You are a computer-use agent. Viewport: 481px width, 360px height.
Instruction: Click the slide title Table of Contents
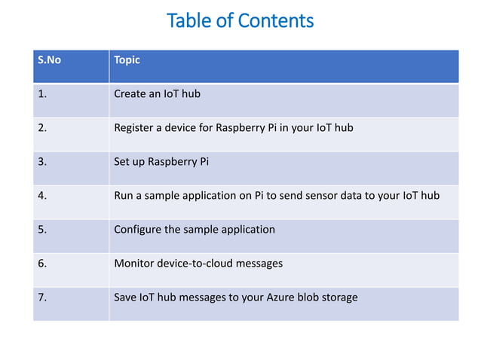[x=240, y=20]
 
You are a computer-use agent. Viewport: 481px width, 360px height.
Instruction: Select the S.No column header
[x=50, y=60]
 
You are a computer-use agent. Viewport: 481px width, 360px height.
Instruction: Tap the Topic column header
[x=127, y=60]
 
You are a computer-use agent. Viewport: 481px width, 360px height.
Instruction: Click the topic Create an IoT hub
[x=157, y=94]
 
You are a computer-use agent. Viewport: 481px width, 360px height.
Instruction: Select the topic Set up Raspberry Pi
[x=161, y=161]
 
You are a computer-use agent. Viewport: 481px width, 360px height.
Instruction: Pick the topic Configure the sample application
[x=194, y=229]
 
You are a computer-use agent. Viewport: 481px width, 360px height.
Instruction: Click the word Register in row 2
[x=133, y=127]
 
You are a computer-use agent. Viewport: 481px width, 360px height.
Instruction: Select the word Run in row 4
[x=123, y=195]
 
